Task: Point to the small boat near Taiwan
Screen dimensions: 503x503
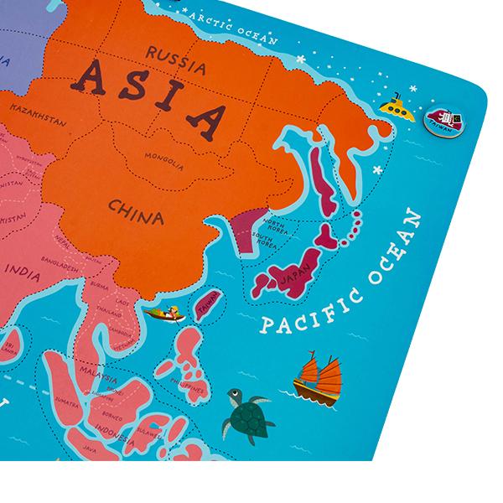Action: (x=163, y=315)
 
